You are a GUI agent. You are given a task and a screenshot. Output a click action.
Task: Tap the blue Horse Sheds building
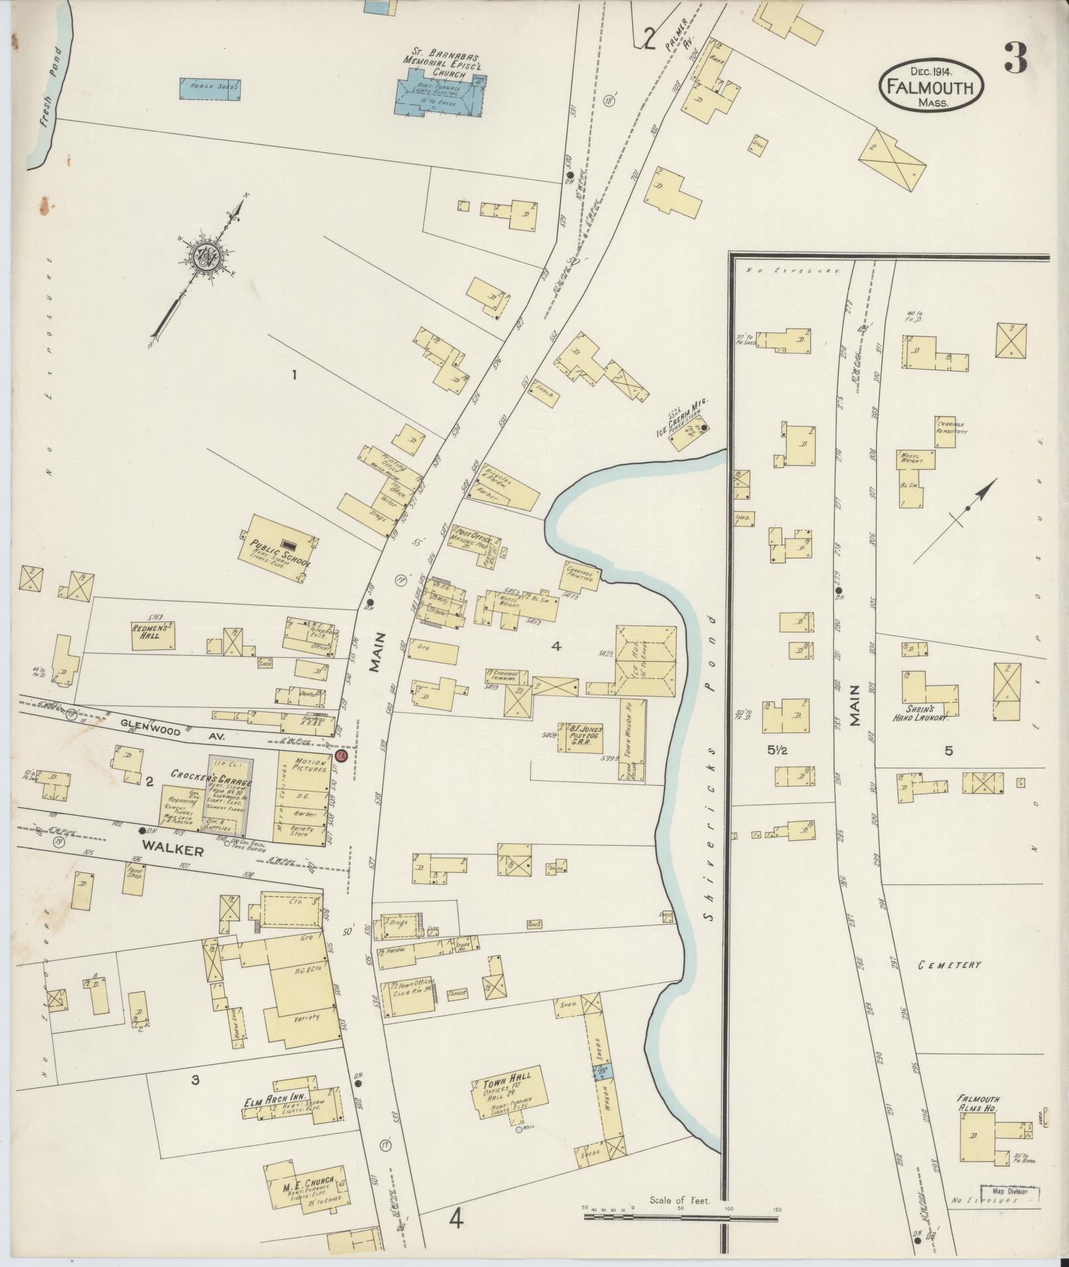pyautogui.click(x=210, y=89)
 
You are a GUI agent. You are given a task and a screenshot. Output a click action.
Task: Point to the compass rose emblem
pyautogui.click(x=209, y=253)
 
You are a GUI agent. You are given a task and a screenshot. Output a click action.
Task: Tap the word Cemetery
pyautogui.click(x=948, y=964)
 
